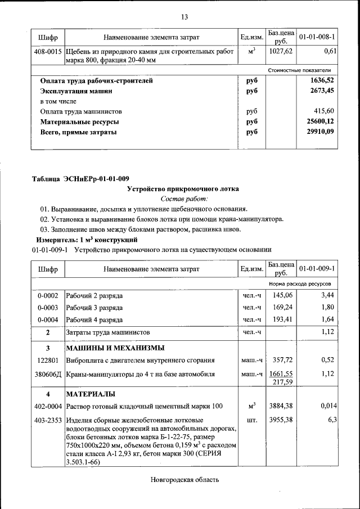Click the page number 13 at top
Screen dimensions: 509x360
[x=184, y=17]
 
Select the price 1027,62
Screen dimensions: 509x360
[x=281, y=51]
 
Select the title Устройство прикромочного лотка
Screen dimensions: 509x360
[x=184, y=189]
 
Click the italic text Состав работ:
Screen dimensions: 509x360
[x=184, y=199]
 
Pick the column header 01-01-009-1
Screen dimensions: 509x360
[x=317, y=269]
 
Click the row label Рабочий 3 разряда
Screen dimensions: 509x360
[x=94, y=308]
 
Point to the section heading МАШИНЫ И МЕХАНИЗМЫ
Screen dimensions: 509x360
[x=115, y=347]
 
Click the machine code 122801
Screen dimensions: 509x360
[x=48, y=360]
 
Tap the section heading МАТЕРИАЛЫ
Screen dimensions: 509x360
[x=91, y=393]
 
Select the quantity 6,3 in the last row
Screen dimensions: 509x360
[x=331, y=420]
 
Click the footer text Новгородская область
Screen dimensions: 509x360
[x=184, y=480]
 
